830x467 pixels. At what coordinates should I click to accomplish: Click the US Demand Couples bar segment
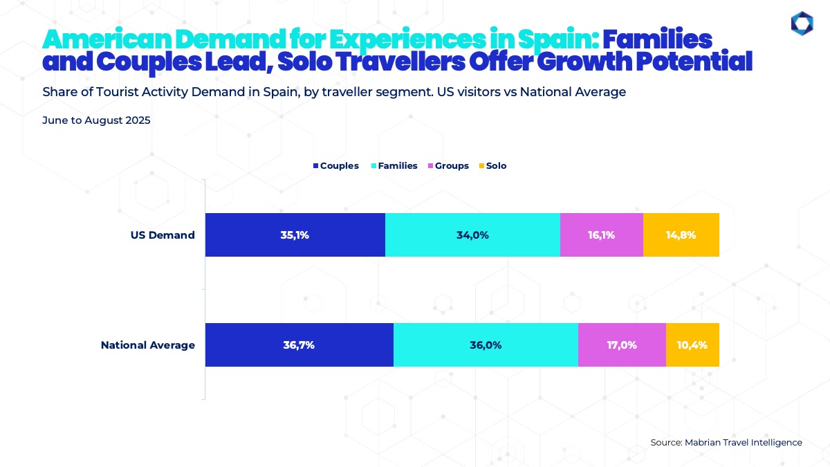[x=295, y=235]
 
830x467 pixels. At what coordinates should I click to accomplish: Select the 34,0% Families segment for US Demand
[x=472, y=235]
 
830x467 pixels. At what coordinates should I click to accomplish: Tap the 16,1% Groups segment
[x=601, y=235]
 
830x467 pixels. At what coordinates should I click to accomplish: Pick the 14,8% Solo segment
[x=681, y=235]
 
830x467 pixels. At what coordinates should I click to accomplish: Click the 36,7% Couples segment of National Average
[x=299, y=345]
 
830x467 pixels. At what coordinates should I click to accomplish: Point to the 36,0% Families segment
[x=486, y=345]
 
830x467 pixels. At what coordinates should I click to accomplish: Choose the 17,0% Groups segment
[x=622, y=345]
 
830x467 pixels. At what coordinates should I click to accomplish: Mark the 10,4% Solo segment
[x=692, y=345]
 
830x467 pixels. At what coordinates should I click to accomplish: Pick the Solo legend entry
[x=492, y=166]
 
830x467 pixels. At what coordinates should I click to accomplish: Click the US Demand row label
[x=163, y=235]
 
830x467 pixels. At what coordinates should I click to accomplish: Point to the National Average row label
[x=148, y=345]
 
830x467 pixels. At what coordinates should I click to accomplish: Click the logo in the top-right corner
[x=802, y=23]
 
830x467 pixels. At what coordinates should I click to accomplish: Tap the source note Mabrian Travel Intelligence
[x=726, y=442]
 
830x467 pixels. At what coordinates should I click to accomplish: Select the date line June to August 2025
[x=96, y=120]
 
